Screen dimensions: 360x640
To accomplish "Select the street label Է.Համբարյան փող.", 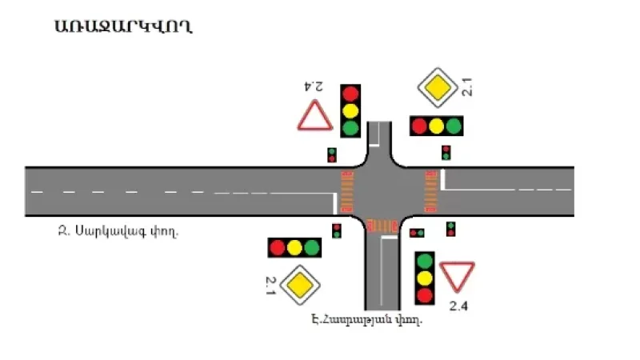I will pos(367,320).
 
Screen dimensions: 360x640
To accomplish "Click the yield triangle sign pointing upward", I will pos(315,117).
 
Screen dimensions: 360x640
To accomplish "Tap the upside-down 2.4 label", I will pos(313,86).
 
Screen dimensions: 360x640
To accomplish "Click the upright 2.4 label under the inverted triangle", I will pos(458,306).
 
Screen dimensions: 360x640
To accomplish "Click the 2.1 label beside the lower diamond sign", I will pos(270,283).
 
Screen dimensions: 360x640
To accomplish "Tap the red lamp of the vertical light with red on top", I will pos(350,94).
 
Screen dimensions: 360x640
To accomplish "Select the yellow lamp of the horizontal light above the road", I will pos(436,126).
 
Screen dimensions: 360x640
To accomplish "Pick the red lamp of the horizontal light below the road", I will pos(278,247).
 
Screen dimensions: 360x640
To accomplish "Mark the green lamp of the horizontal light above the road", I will pos(454,126).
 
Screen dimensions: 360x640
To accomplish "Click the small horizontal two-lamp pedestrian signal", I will pos(417,233).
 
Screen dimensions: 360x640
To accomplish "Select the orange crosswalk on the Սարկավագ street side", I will pos(347,192).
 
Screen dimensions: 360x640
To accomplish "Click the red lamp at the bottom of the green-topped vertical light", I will pos(425,295).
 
